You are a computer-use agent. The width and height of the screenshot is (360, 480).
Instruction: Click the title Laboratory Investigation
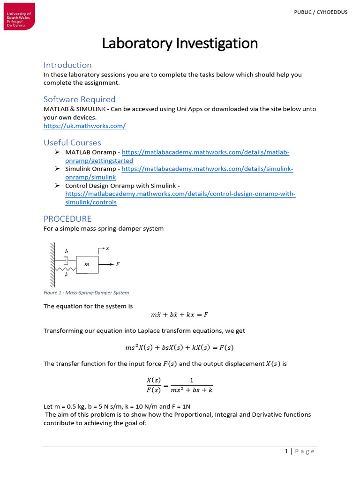[180, 43]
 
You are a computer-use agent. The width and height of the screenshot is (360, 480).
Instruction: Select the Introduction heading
[67, 65]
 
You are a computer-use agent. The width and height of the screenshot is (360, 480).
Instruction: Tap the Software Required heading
[79, 99]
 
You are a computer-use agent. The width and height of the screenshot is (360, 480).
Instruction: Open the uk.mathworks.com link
[84, 126]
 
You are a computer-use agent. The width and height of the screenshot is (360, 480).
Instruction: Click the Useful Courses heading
[72, 142]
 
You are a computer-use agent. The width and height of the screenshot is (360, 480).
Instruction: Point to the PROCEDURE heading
[67, 219]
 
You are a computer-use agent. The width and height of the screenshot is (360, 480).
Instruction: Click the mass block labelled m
[87, 265]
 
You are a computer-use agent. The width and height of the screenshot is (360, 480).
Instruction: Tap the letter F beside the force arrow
[118, 264]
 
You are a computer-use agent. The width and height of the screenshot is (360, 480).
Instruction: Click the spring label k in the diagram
[66, 275]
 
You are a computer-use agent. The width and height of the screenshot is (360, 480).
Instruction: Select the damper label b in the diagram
[66, 251]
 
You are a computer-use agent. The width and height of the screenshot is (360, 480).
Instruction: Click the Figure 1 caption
[86, 292]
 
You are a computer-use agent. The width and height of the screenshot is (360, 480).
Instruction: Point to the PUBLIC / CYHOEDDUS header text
[321, 12]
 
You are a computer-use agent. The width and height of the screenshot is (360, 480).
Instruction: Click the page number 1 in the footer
[286, 451]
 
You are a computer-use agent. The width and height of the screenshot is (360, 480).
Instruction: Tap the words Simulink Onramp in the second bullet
[90, 169]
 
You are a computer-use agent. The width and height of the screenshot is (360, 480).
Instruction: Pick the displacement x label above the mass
[107, 248]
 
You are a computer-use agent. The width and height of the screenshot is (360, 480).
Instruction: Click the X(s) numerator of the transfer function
[154, 380]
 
